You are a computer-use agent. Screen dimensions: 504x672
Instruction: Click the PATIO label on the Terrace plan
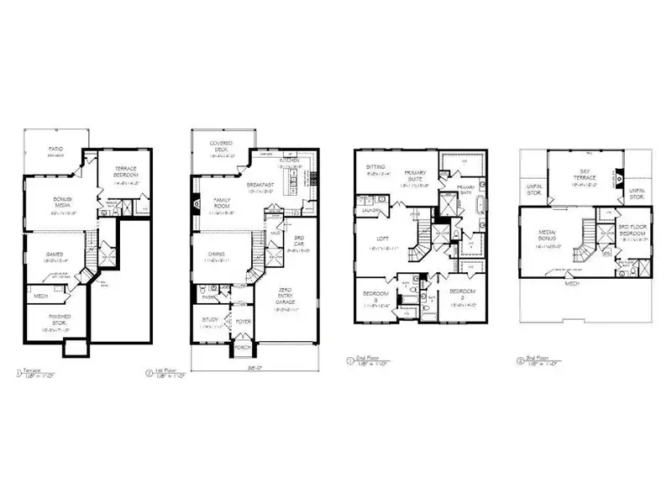pyautogui.click(x=57, y=150)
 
